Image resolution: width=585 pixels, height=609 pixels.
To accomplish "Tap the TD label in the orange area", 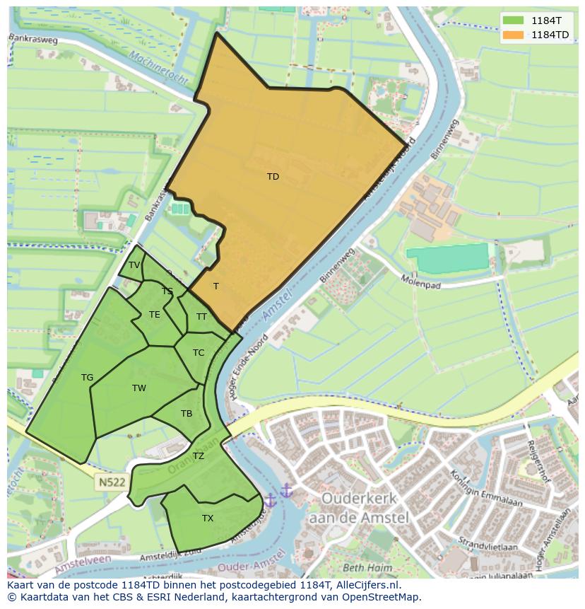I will (x=273, y=177).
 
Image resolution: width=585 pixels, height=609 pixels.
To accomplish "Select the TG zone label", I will (x=87, y=378).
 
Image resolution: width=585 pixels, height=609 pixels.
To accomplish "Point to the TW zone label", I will (x=139, y=388).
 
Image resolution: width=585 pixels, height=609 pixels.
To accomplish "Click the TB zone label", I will (x=187, y=414).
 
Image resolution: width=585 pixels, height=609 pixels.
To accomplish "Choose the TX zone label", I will (x=208, y=518).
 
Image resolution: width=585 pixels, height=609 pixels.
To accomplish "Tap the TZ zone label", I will (x=199, y=456).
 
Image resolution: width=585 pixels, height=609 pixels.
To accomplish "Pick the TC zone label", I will (x=199, y=353).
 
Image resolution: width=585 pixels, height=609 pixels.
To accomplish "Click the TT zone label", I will (x=201, y=317).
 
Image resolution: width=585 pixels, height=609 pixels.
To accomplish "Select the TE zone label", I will (x=155, y=315).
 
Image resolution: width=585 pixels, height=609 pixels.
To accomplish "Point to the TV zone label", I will (x=134, y=265).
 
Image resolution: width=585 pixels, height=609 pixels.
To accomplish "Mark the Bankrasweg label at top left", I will (x=34, y=40).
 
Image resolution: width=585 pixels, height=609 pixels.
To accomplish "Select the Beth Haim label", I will (x=367, y=567).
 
